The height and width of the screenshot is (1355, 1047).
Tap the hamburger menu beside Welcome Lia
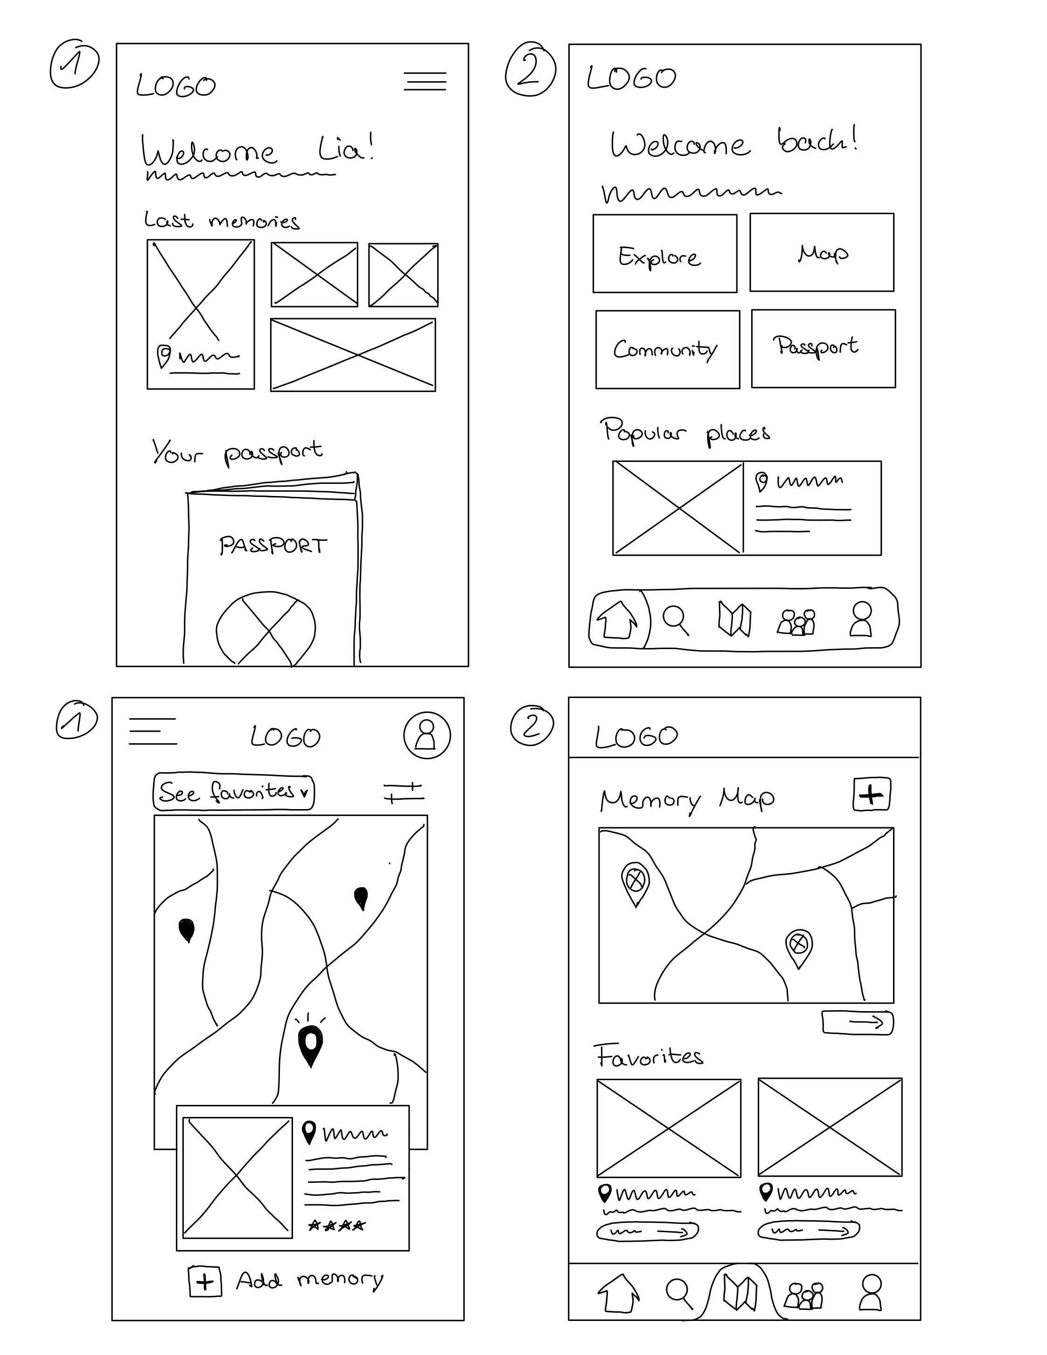(425, 81)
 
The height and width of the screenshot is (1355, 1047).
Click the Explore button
(664, 254)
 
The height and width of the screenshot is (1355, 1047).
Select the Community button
(667, 349)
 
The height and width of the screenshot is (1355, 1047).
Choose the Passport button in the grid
(823, 349)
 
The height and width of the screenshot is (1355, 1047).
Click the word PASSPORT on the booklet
(273, 546)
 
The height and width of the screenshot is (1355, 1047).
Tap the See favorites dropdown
(233, 792)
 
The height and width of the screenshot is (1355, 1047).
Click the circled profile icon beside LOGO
(427, 735)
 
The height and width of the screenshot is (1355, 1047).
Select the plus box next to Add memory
(205, 1282)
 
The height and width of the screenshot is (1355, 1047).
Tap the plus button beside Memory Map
(872, 794)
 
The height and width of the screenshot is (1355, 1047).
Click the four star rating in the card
(337, 1225)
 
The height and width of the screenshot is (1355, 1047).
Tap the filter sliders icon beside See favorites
(403, 792)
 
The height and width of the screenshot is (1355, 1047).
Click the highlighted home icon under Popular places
(617, 620)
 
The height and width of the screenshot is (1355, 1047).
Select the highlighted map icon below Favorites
(740, 1294)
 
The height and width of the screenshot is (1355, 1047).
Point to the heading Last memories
(222, 221)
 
